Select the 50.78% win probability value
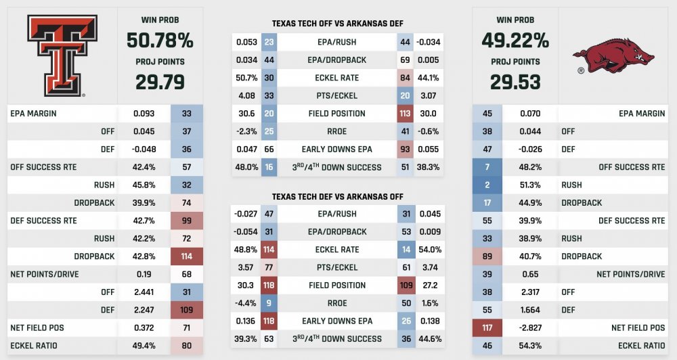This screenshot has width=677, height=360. pos(160,40)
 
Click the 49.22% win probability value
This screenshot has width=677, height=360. pos(515,40)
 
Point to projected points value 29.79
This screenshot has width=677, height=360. pos(160,82)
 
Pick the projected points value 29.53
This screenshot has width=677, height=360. pos(515,82)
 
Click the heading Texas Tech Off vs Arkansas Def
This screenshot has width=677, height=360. pos(338,24)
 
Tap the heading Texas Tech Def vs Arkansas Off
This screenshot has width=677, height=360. pos(338,197)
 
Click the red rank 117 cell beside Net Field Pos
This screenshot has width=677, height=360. pos(487,328)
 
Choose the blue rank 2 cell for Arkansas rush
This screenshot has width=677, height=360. pos(487,185)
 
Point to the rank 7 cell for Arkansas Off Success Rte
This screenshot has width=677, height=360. pos(487,167)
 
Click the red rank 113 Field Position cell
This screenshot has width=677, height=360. pos(406,114)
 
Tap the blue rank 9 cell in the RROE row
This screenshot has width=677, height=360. pos(269,303)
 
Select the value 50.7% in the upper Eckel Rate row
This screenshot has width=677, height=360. pos(246,78)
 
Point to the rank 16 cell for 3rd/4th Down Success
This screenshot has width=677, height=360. pos(269,167)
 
